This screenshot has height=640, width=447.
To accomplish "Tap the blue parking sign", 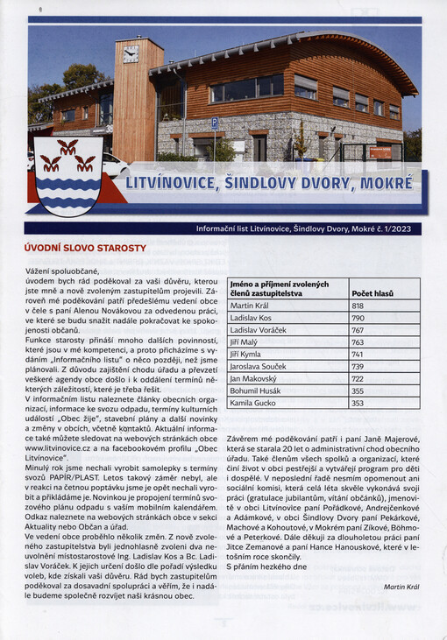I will coord(215,124).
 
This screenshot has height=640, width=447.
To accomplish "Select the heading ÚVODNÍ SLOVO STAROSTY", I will coord(85,249).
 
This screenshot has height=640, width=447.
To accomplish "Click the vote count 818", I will coord(358,306).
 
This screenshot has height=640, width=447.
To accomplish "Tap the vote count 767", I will coord(358,330).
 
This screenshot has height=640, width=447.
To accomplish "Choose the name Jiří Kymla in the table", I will coord(246,355).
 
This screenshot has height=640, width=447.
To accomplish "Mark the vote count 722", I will coord(358,379).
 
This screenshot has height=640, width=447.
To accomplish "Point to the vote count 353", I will coord(358,404).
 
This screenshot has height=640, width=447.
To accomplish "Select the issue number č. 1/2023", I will coord(401,229).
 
